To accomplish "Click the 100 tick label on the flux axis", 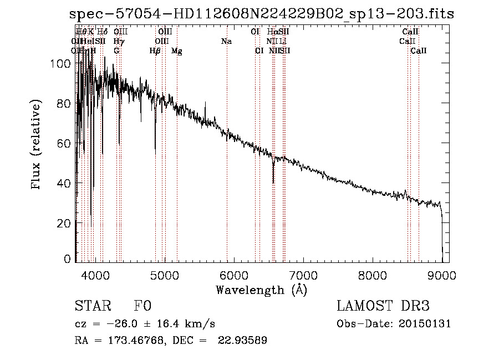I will (63, 64).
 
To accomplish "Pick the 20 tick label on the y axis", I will (66, 223).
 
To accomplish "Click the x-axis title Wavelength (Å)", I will (261, 290).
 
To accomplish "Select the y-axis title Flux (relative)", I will (37, 145).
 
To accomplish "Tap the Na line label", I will (226, 42).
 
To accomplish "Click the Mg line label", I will (177, 51).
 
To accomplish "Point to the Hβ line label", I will (155, 51).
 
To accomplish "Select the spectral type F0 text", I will (142, 306).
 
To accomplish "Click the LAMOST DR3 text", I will (383, 306).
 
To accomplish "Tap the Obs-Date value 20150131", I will (428, 324).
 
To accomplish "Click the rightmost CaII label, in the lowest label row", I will (419, 51).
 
